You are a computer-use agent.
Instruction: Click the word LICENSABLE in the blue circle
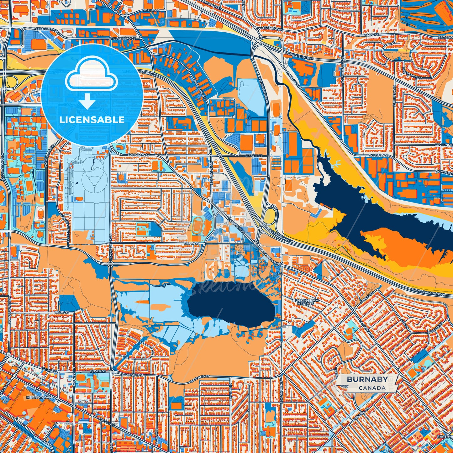(x=92, y=120)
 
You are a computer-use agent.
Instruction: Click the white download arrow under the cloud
(x=87, y=102)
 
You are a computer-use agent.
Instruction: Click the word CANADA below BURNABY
(x=372, y=388)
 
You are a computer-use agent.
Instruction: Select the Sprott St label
(x=253, y=155)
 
